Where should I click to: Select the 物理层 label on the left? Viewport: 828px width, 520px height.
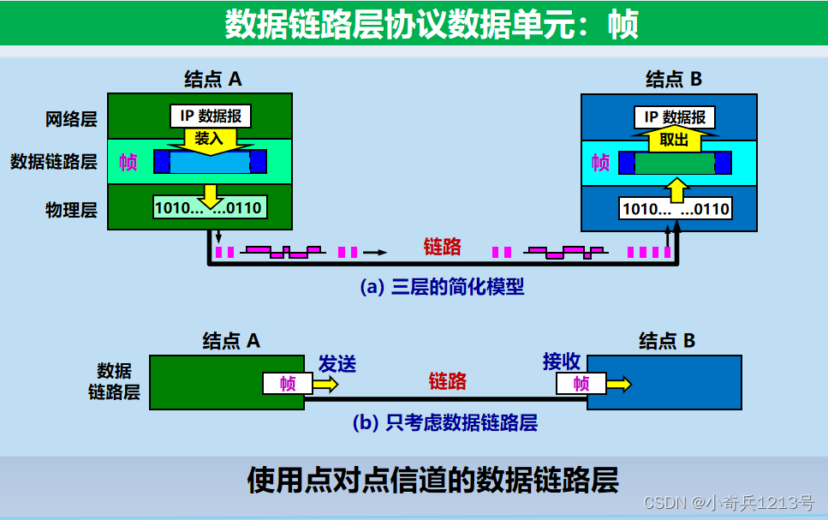click(x=71, y=209)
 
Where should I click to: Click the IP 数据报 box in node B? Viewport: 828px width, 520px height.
click(x=675, y=117)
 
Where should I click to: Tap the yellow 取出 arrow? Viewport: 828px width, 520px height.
click(x=675, y=140)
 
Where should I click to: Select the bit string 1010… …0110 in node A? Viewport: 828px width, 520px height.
click(x=208, y=206)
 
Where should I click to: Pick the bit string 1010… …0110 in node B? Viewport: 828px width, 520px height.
click(x=675, y=208)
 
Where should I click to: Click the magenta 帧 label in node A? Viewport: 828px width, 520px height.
click(x=128, y=162)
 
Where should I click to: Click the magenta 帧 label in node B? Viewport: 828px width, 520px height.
click(x=601, y=162)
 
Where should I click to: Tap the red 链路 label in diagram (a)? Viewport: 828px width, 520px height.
click(x=442, y=247)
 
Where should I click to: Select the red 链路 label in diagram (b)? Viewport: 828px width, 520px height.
click(x=447, y=381)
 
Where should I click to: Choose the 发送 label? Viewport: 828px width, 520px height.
click(x=337, y=363)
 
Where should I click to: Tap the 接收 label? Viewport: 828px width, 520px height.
click(x=562, y=362)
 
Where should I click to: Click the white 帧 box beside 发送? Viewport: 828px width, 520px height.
click(x=288, y=384)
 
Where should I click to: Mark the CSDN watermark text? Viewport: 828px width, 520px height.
click(x=728, y=503)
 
